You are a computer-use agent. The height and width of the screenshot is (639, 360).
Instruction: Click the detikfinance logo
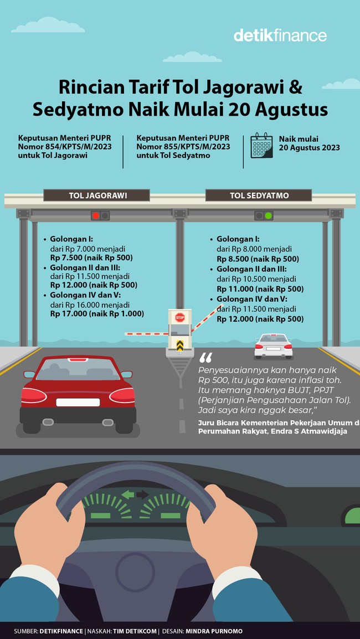pyautogui.click(x=280, y=35)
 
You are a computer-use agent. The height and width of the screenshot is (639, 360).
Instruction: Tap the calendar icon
pyautogui.click(x=261, y=145)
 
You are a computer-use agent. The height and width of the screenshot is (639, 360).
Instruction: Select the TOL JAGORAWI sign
pyautogui.click(x=96, y=195)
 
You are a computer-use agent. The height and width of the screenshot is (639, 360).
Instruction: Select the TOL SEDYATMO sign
pyautogui.click(x=259, y=195)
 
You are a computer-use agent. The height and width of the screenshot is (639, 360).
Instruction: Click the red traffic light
pyautogui.click(x=96, y=215)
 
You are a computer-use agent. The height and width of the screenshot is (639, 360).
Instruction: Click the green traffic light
pyautogui.click(x=268, y=215)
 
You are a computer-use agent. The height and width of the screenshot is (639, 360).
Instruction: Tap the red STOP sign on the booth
pyautogui.click(x=180, y=317)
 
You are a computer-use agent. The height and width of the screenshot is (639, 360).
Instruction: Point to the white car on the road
pyautogui.click(x=273, y=346)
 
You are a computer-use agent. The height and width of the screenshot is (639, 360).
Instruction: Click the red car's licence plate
pyautogui.click(x=78, y=402)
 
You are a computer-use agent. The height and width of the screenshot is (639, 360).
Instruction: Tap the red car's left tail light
pyautogui.click(x=34, y=395)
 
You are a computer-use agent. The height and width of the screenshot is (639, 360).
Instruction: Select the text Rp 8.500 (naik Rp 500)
pyautogui.click(x=258, y=259)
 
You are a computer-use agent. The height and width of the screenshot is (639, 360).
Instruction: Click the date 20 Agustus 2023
pyautogui.click(x=310, y=148)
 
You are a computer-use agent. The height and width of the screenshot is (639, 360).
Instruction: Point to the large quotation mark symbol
pyautogui.click(x=206, y=358)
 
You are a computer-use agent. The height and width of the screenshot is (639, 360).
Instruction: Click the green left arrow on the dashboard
pyautogui.click(x=128, y=495)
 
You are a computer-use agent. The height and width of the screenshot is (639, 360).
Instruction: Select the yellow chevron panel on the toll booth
pyautogui.click(x=180, y=345)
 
